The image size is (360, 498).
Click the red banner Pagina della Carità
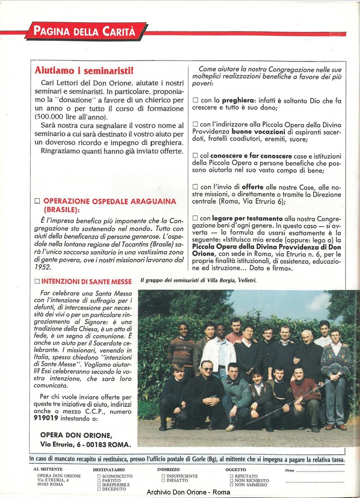tap(86, 32)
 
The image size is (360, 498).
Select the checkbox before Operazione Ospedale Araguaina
tap(37, 202)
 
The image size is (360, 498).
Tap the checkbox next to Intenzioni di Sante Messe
tap(37, 281)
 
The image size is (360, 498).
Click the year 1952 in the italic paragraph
tap(43, 267)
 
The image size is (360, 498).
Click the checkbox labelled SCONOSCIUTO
tap(99, 476)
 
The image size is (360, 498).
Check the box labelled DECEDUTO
tap(99, 489)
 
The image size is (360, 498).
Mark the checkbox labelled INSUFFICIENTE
tap(163, 476)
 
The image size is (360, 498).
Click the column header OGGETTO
tap(235, 470)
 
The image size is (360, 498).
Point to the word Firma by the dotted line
tap(289, 471)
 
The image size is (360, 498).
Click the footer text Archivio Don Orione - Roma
tap(189, 492)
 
